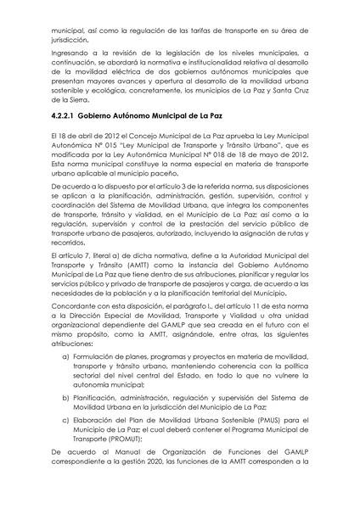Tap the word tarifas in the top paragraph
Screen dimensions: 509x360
pyautogui.click(x=212, y=29)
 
